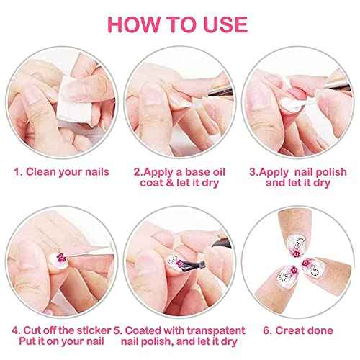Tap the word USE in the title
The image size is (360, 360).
225,24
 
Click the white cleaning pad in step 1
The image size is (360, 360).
73,101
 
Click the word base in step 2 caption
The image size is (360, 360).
197,172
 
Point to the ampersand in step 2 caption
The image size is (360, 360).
170,183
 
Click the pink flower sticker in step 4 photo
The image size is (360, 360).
60,257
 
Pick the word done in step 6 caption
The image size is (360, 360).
320,330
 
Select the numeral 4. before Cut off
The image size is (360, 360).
16,330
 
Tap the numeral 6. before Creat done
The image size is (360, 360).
268,330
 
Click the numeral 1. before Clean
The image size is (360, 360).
18,172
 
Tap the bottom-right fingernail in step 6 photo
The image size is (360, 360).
312,269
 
